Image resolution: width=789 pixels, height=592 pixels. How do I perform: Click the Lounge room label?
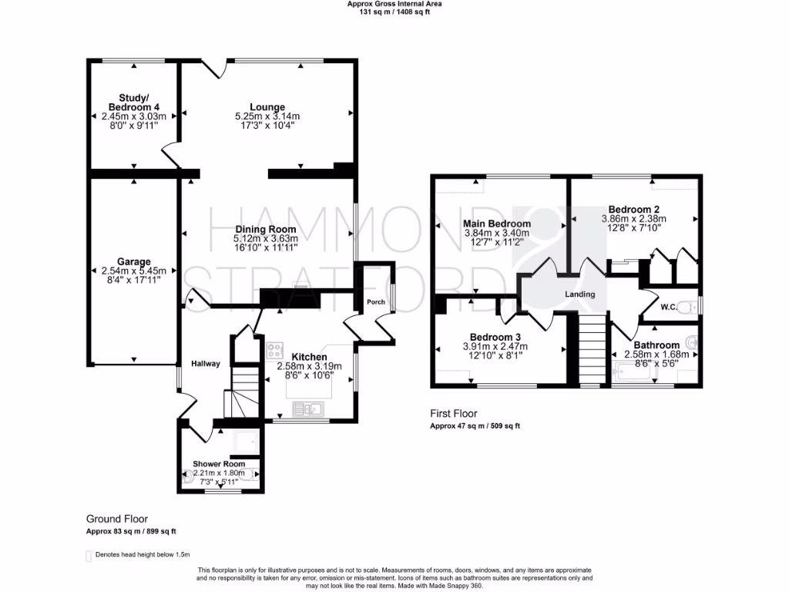click(267, 107)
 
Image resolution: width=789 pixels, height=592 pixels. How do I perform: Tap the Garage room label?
click(134, 261)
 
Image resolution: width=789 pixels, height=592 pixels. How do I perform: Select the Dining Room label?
click(266, 230)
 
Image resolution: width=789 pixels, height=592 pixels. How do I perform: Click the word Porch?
click(376, 302)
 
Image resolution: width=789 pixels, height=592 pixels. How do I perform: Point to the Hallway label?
click(206, 364)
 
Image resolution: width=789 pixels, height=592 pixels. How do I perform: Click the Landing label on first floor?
click(579, 294)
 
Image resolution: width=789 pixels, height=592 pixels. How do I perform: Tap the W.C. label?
click(668, 308)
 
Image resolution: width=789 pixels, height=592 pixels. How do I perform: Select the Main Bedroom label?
click(497, 224)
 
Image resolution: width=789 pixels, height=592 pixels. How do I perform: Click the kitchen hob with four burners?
click(275, 351)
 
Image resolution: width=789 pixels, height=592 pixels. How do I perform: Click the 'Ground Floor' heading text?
click(116, 520)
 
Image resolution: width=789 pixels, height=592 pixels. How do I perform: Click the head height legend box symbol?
click(87, 555)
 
